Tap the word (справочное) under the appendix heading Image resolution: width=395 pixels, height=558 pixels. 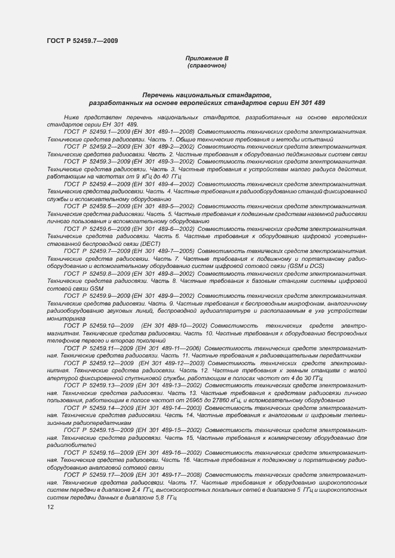pyautogui.click(x=206, y=65)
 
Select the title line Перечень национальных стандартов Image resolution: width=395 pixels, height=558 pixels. pyautogui.click(x=206, y=95)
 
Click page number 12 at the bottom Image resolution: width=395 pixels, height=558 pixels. pyautogui.click(x=50, y=506)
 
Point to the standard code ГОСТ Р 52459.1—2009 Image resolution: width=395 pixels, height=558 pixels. pyautogui.click(x=97, y=130)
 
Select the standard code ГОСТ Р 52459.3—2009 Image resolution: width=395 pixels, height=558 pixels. pyautogui.click(x=97, y=161)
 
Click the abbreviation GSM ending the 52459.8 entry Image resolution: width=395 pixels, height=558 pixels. pyautogui.click(x=96, y=288)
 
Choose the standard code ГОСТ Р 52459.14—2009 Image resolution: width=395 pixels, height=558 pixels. pyautogui.click(x=99, y=407)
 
